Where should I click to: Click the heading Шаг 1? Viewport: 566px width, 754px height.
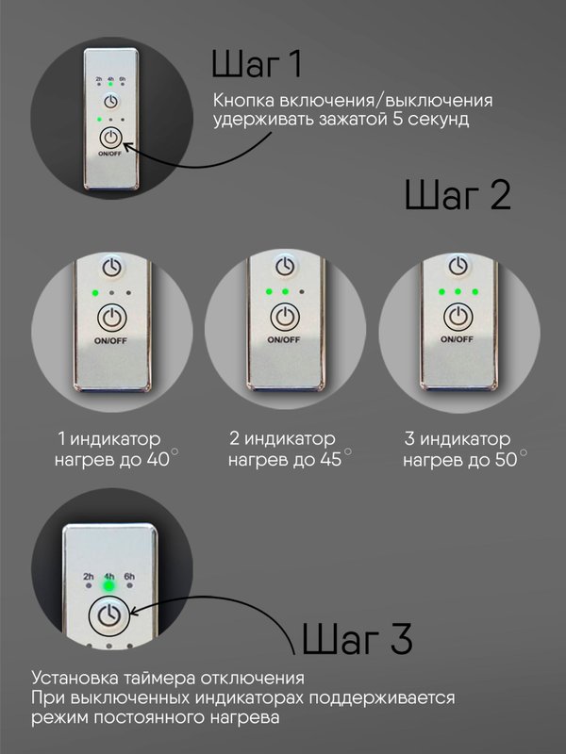coord(257,64)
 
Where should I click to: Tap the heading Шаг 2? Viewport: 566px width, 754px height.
coord(458,195)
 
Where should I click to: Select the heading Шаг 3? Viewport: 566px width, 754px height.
coord(358,638)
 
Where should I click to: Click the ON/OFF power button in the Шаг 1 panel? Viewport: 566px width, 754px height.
coord(110,139)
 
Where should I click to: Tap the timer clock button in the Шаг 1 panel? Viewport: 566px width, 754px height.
coord(110,102)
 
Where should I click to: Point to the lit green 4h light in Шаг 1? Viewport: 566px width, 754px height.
coord(110,84)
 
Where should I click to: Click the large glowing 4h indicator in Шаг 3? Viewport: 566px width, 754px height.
coord(109,586)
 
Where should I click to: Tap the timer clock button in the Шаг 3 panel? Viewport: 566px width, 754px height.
coord(109,615)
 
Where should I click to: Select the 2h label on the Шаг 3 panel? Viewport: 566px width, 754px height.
coord(88,576)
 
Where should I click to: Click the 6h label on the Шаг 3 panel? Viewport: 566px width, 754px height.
coord(129,576)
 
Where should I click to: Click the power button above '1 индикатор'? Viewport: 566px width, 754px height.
coord(111,318)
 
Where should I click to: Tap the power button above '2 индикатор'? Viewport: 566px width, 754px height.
coord(285,318)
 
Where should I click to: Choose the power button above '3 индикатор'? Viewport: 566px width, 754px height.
coord(458,317)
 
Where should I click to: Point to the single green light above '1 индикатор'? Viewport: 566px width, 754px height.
coord(95,292)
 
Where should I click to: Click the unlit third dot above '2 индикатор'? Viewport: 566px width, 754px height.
coord(302,291)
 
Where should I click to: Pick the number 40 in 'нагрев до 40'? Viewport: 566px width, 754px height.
coord(158,460)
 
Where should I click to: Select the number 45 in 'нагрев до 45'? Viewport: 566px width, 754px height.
coord(331,460)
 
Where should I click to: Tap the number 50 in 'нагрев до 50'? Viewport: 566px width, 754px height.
coord(506,460)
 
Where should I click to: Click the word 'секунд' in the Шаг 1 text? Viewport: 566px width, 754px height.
coord(439,119)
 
